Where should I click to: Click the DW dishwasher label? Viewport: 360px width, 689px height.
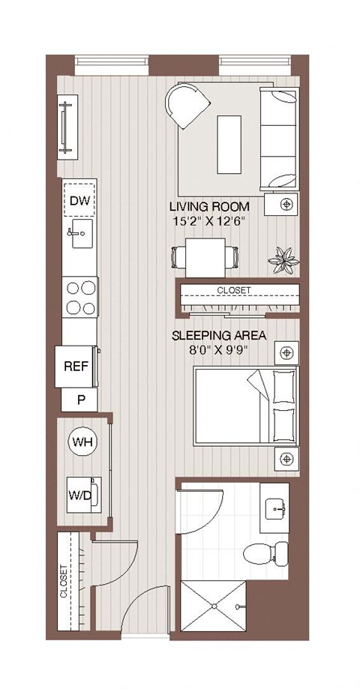pyautogui.click(x=79, y=200)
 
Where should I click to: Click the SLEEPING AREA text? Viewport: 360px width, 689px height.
pyautogui.click(x=219, y=335)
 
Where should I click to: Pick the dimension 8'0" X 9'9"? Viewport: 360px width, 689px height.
pyautogui.click(x=219, y=349)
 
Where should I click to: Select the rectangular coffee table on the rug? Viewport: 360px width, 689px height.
pyautogui.click(x=229, y=142)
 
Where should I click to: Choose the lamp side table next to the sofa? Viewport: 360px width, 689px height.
pyautogui.click(x=286, y=204)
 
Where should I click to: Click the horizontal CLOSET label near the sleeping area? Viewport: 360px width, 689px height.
pyautogui.click(x=234, y=290)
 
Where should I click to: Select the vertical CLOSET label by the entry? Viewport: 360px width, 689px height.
pyautogui.click(x=64, y=582)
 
